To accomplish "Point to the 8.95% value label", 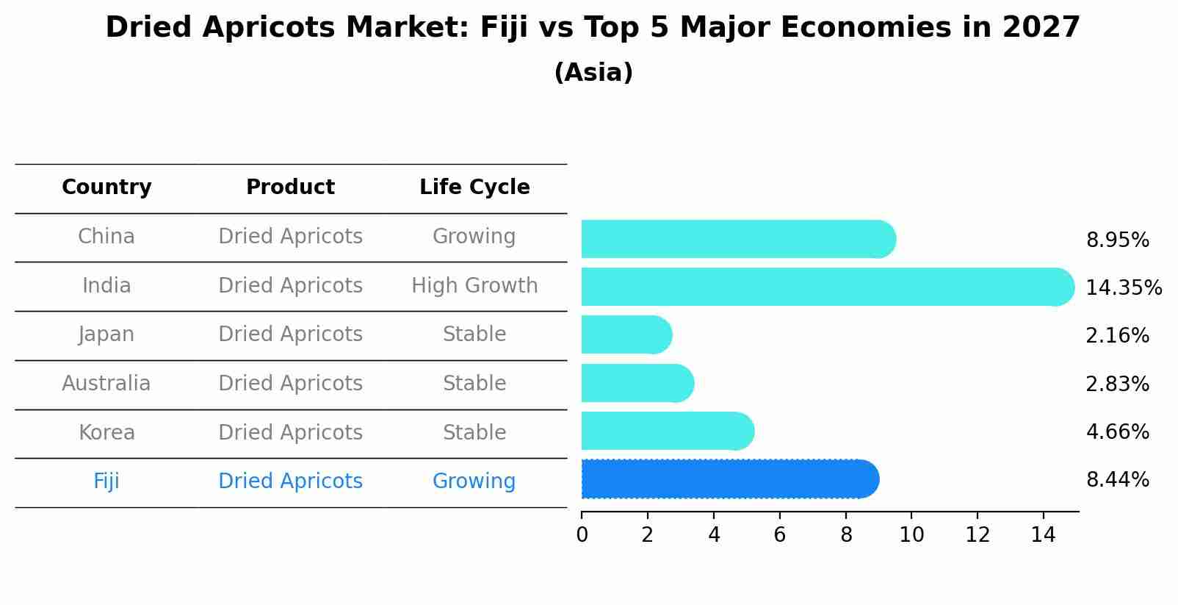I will click(1117, 240).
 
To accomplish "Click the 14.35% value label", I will click(1123, 287).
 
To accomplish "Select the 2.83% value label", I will click(1117, 384).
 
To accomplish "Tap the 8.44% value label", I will click(1117, 480).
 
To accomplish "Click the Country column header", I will click(106, 187).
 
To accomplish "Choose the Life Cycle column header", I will click(474, 187).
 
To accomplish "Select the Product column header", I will click(290, 187).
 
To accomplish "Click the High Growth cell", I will click(474, 285).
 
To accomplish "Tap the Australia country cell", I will click(106, 383).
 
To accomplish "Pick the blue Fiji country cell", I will click(106, 482).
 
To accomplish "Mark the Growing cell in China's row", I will click(474, 237).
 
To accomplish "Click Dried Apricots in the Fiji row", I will click(290, 482).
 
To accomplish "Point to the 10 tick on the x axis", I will click(911, 535).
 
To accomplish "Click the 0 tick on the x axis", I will click(582, 535).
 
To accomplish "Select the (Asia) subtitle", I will click(593, 73).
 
